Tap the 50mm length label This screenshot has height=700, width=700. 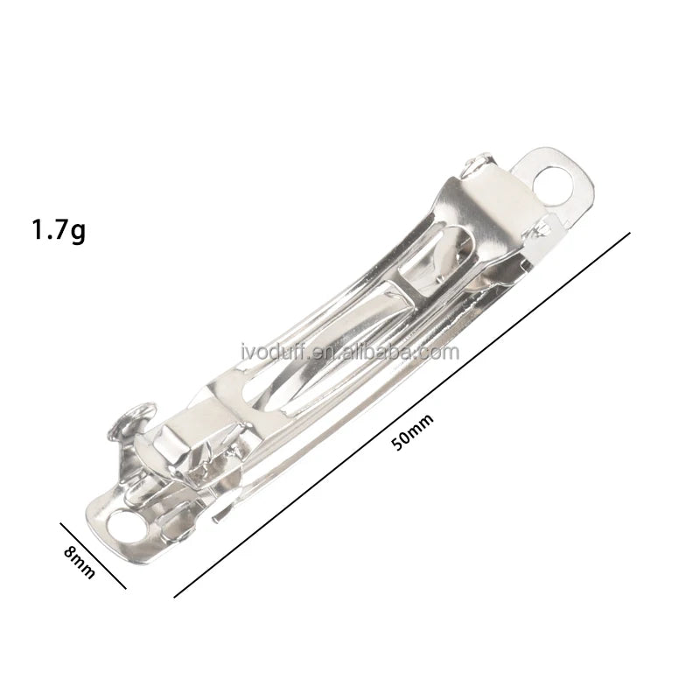coord(412,432)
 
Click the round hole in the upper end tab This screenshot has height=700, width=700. coord(553,184)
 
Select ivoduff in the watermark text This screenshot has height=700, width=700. coord(273,352)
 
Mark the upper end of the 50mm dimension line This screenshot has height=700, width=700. coord(629,233)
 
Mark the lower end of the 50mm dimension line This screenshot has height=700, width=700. coord(174,597)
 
